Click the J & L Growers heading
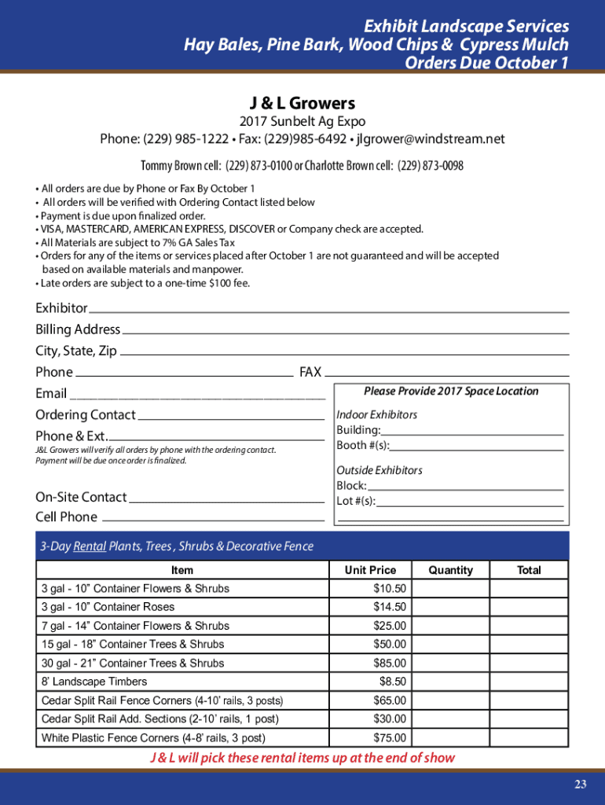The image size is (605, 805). point(302,103)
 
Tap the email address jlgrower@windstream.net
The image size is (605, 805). point(431,139)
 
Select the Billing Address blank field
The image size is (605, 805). point(345,329)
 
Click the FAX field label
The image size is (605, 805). point(310,372)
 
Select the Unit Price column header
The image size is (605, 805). point(370,570)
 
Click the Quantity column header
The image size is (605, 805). point(451,570)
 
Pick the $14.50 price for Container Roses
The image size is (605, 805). point(390,607)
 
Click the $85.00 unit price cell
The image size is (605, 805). point(390,663)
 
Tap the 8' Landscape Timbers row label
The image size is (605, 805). point(94,682)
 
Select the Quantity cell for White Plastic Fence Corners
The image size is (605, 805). point(451,738)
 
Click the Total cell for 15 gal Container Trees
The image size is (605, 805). point(529,645)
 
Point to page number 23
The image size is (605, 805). point(580,784)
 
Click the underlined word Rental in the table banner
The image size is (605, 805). point(90,546)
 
